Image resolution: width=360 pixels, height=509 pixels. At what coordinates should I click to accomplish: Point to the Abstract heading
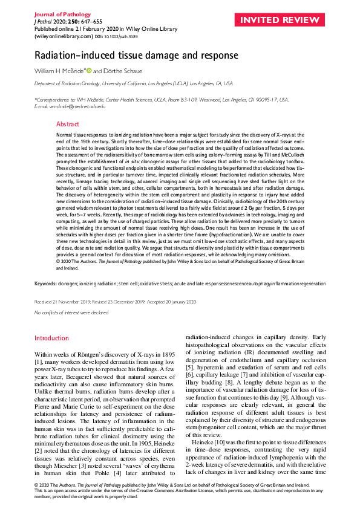coord(68,124)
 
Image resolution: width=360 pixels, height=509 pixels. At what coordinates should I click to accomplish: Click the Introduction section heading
coord(51,338)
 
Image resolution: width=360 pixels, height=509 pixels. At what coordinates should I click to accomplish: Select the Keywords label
coord(46,283)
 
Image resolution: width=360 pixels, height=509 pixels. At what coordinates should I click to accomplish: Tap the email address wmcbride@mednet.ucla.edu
coord(67,106)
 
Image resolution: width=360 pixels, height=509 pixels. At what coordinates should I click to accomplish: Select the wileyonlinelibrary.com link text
coord(56,35)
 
